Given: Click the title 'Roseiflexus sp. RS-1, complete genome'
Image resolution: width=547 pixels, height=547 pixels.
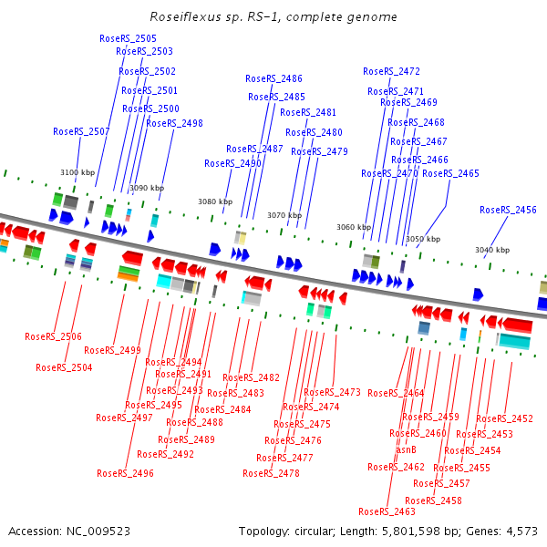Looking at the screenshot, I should click(273, 17).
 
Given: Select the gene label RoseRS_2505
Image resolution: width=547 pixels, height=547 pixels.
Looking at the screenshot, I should click(128, 38).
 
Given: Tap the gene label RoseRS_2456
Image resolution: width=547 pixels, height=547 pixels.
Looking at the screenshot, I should click(508, 211).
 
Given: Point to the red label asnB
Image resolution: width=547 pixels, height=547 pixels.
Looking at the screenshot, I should click(406, 449).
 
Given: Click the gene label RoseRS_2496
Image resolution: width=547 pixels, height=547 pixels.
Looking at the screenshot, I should click(125, 473).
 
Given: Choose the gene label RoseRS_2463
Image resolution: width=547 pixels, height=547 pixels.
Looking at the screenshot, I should click(387, 511).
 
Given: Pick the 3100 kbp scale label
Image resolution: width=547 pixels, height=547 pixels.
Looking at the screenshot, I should click(77, 172).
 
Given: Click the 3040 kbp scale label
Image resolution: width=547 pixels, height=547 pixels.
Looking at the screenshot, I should click(492, 250).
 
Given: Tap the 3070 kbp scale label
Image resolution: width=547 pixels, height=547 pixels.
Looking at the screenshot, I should click(284, 215).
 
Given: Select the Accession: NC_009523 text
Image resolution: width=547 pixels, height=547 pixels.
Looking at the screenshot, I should click(69, 531).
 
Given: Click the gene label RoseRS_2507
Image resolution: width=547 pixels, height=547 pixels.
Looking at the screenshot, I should click(81, 132).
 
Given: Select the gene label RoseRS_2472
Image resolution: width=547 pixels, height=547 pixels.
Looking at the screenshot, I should click(391, 71).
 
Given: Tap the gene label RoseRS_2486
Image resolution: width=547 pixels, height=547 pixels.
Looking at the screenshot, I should click(273, 79).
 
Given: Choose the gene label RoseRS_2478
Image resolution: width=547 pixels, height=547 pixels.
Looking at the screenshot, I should click(271, 473).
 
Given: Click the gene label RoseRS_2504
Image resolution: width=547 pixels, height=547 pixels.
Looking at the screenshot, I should click(64, 367).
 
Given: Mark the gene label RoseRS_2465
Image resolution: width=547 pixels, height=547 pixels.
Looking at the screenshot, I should click(450, 173).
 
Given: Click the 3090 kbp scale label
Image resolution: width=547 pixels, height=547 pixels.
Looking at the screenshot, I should click(147, 188).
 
